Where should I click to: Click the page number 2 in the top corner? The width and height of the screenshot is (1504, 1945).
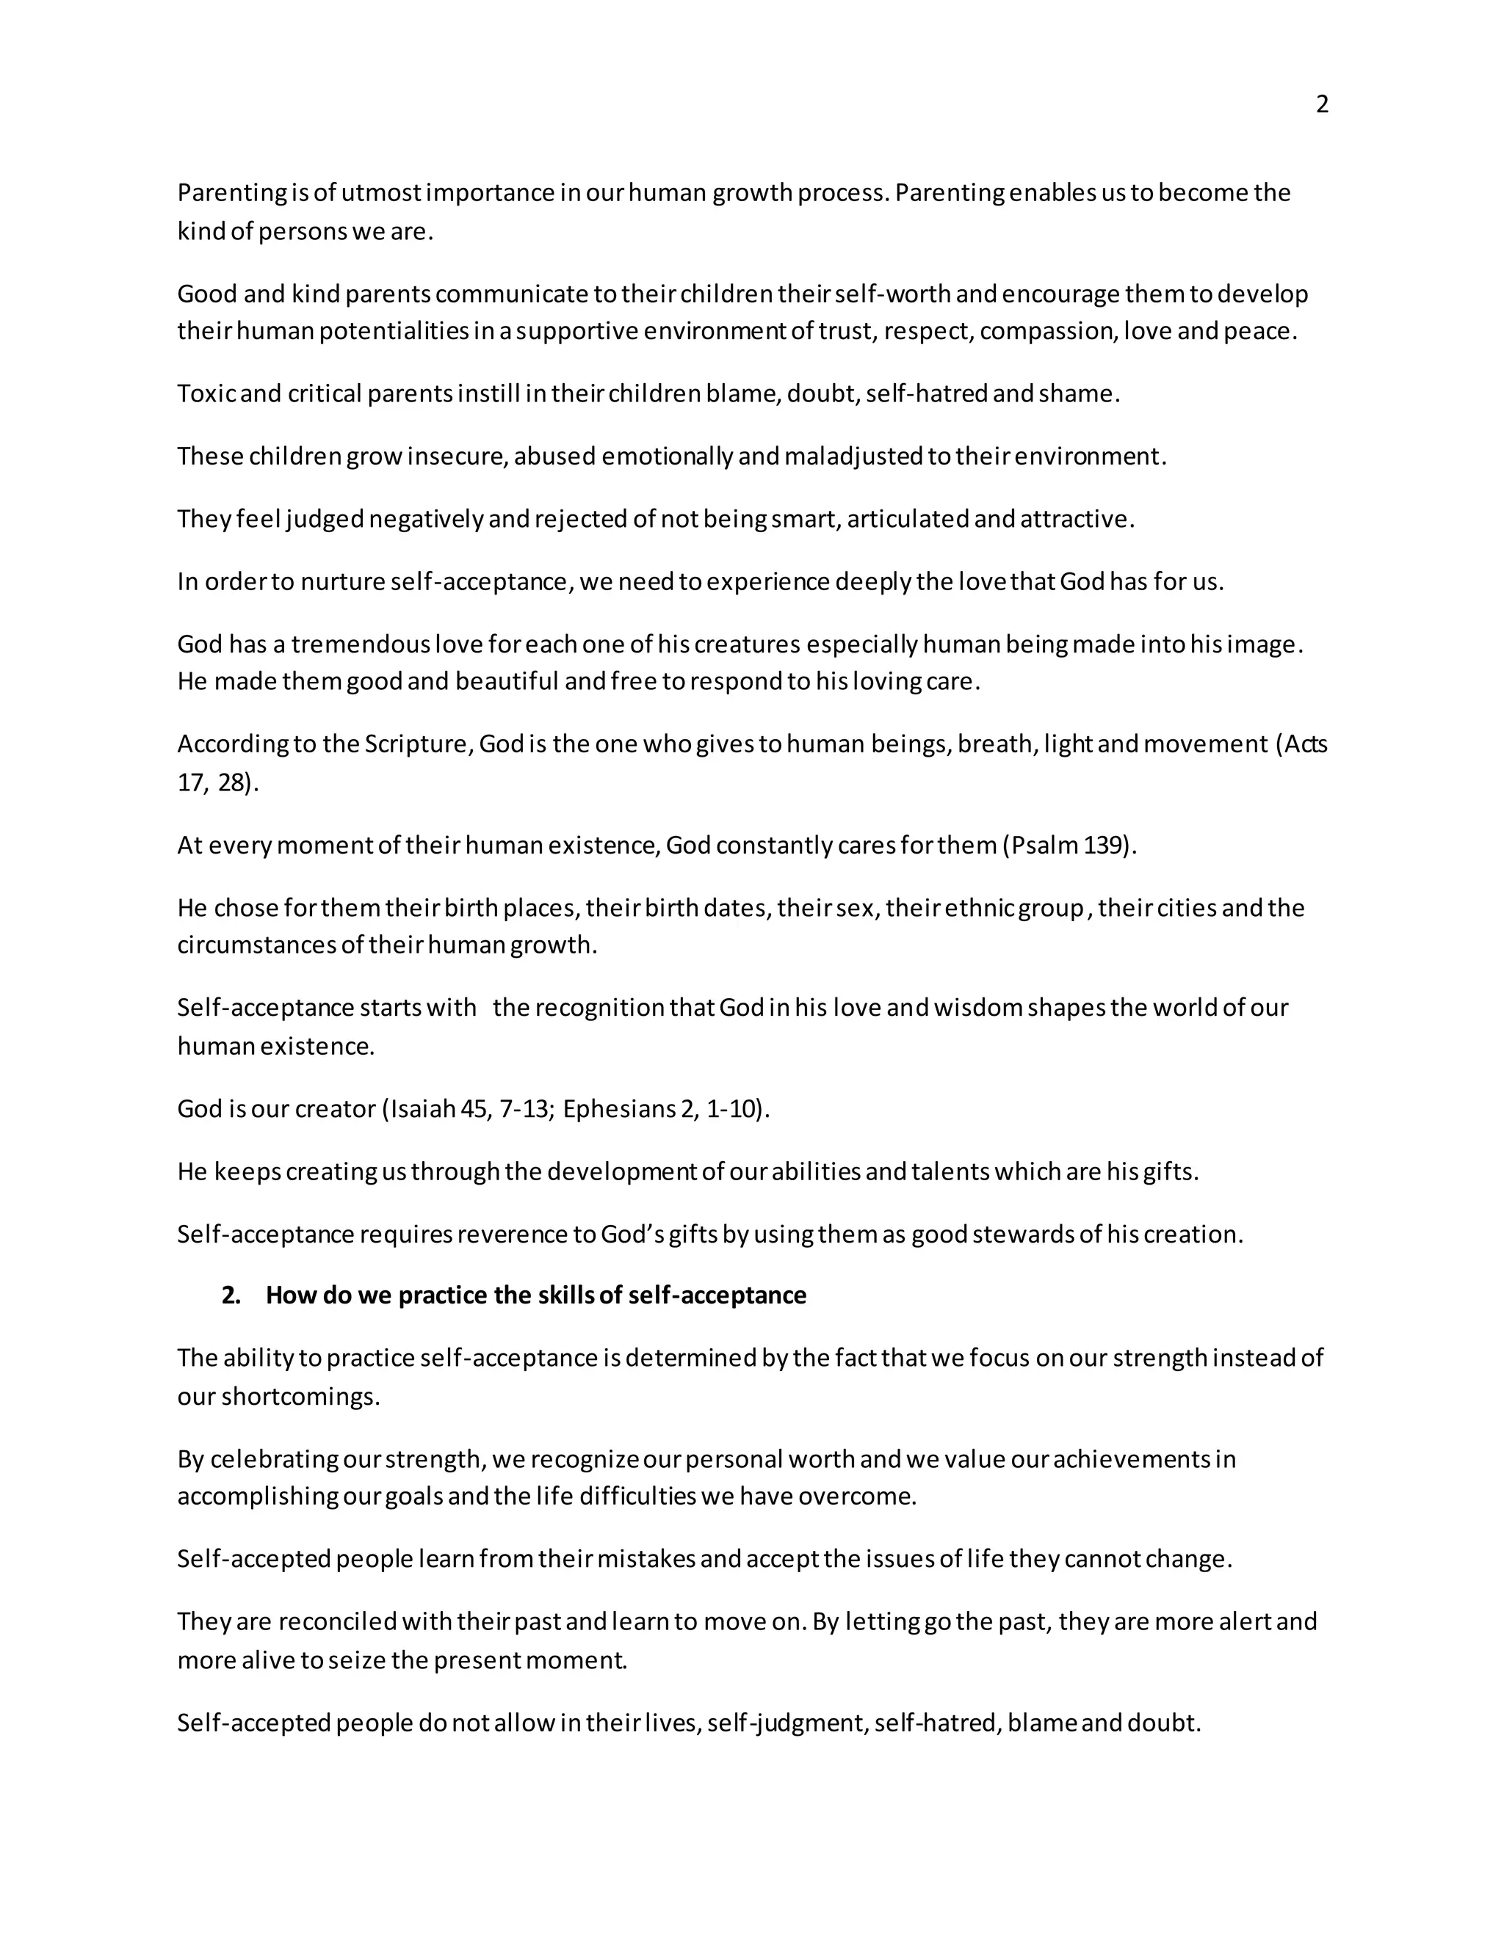point(1322,105)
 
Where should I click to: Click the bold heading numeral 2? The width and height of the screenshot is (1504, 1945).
point(230,1295)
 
